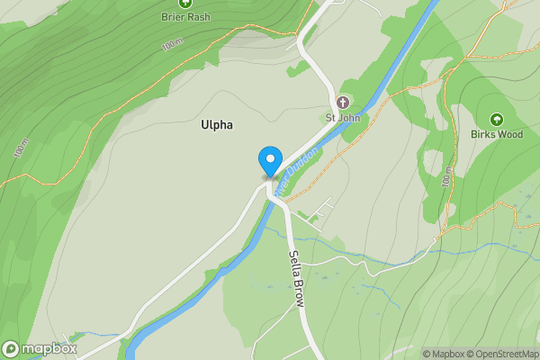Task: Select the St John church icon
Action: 342,103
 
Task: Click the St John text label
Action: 342,117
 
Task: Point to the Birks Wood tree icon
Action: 496,120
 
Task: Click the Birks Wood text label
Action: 496,135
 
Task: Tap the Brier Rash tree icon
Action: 184,3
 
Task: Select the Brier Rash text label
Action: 184,16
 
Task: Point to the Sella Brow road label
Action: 296,274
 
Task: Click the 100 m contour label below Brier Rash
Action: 171,44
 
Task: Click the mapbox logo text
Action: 49,348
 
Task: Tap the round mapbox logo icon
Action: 11,348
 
